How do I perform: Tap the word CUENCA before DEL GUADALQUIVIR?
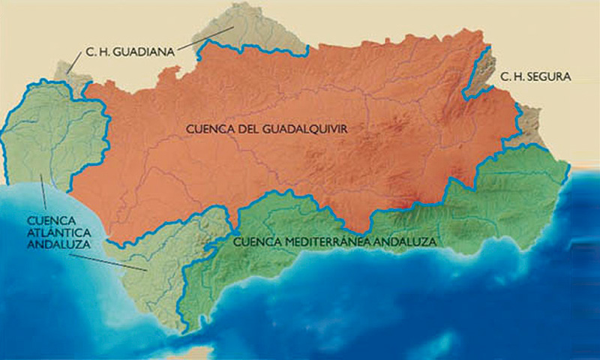[x=211, y=129]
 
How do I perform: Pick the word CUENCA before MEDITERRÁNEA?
[x=253, y=242]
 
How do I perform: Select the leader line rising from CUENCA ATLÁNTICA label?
[x=43, y=196]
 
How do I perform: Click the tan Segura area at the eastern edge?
[x=530, y=124]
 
